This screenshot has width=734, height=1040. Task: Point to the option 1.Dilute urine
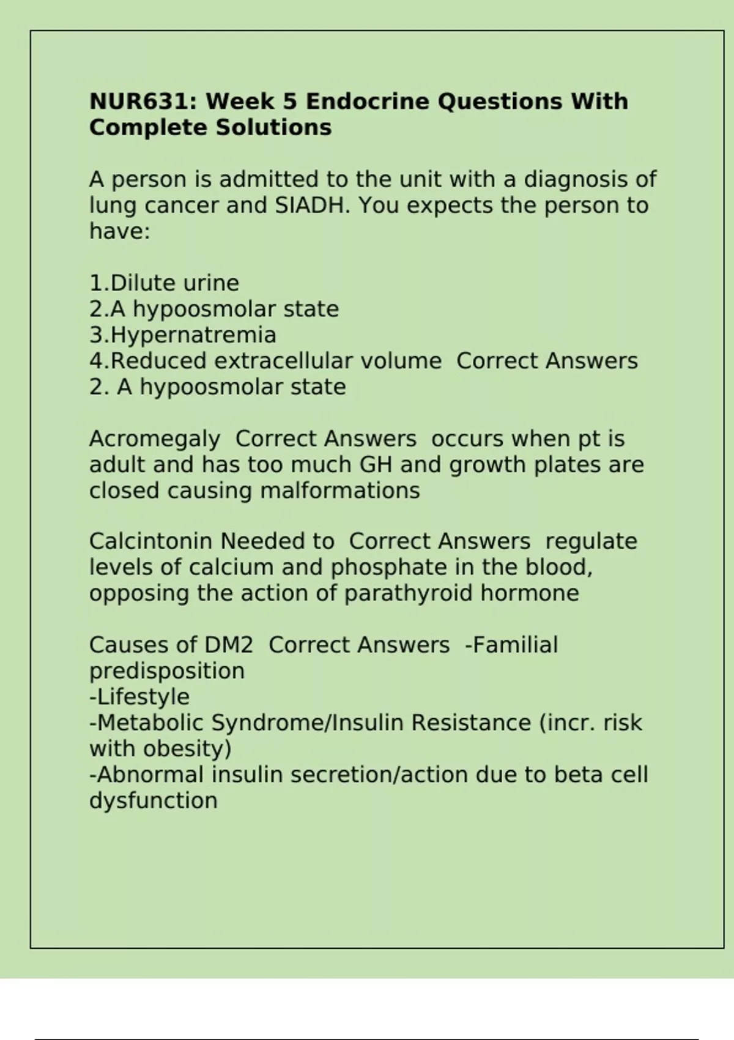tap(164, 283)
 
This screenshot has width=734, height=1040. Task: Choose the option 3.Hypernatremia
tap(182, 335)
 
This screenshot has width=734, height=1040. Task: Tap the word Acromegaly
tap(154, 439)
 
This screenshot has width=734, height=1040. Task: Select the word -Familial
tap(511, 645)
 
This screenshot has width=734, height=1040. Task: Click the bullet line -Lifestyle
tap(139, 697)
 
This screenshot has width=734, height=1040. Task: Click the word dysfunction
tap(153, 801)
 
